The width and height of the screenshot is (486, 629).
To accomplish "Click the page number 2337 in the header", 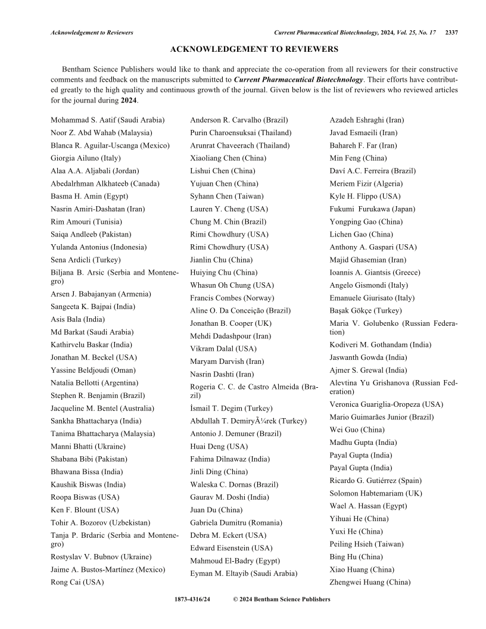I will coord(451,32).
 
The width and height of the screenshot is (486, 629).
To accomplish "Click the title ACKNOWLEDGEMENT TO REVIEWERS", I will coord(254,49).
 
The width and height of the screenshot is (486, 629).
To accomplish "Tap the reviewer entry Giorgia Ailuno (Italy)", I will coord(85,158).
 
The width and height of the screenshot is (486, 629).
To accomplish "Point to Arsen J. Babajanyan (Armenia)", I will coord(101,294).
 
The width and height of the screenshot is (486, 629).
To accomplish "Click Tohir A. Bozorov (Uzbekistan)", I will coord(100,522).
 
